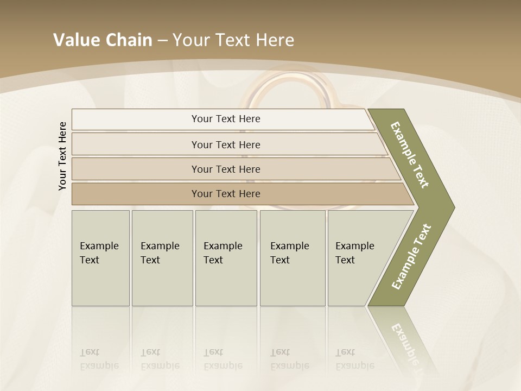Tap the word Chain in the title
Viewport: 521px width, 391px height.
(129, 40)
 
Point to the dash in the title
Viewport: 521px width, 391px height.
(162, 41)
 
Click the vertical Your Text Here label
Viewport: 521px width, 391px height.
(62, 156)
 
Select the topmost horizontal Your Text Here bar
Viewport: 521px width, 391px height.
(226, 119)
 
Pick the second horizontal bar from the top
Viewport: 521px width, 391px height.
(226, 144)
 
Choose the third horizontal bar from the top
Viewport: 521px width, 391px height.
(226, 169)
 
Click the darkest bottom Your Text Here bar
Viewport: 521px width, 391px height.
(226, 194)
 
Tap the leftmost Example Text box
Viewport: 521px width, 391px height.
(100, 258)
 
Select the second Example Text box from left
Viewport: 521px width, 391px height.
(162, 258)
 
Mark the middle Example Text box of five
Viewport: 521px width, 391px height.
(226, 258)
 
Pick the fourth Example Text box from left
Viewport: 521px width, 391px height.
(293, 258)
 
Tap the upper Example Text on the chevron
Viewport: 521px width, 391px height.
(410, 155)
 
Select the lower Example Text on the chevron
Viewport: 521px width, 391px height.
(411, 257)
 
